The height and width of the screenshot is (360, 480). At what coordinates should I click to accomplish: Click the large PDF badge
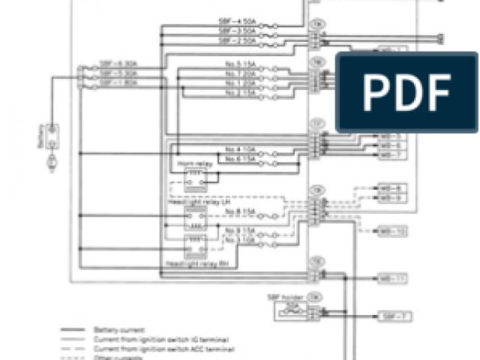pos(406,92)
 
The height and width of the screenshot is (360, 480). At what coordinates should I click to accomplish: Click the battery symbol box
pos(52,136)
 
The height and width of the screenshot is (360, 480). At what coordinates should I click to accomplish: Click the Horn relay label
pos(192,163)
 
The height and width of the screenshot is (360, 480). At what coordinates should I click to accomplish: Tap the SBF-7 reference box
pos(395,316)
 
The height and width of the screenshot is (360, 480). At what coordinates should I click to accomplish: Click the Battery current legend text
pos(113,329)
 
